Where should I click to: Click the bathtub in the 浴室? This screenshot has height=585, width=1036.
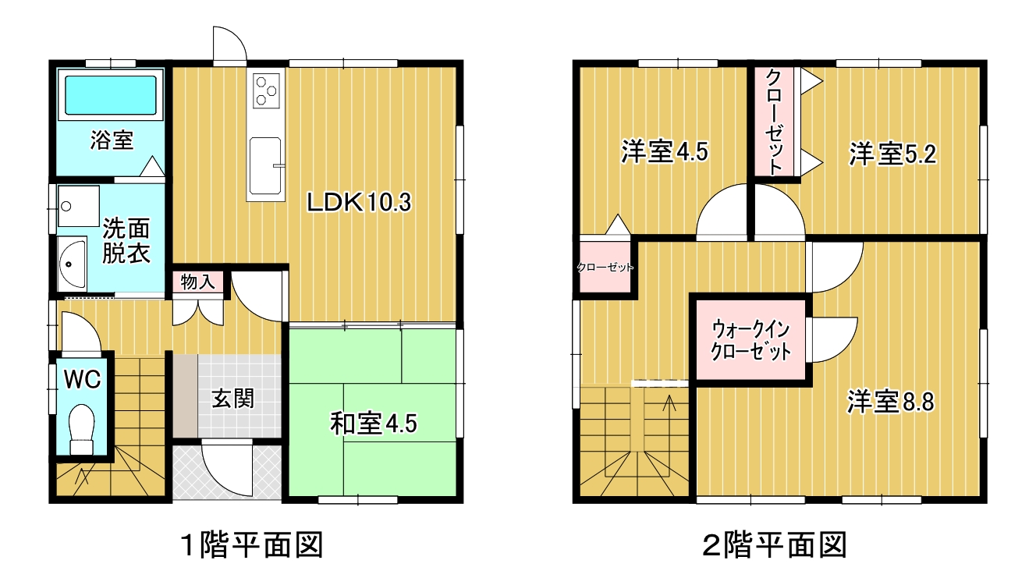pyautogui.click(x=111, y=95)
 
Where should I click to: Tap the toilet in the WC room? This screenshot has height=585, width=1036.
pyautogui.click(x=81, y=430)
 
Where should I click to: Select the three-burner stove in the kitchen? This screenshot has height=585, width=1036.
pyautogui.click(x=266, y=90)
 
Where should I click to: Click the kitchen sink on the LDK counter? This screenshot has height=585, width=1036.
pyautogui.click(x=265, y=165)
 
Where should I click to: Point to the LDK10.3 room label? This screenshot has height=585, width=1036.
pyautogui.click(x=359, y=203)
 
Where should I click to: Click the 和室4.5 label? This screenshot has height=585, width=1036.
pyautogui.click(x=373, y=424)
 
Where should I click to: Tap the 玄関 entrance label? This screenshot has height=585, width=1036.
pyautogui.click(x=233, y=399)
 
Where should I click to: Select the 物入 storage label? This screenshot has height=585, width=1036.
pyautogui.click(x=197, y=282)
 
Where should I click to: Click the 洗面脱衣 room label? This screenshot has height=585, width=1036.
pyautogui.click(x=126, y=241)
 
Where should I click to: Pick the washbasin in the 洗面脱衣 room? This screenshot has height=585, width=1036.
pyautogui.click(x=72, y=264)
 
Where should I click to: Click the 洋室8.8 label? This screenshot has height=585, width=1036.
pyautogui.click(x=890, y=402)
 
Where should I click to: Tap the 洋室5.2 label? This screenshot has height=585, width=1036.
pyautogui.click(x=892, y=154)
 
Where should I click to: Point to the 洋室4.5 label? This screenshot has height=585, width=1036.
pyautogui.click(x=664, y=151)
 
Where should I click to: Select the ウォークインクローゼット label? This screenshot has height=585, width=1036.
pyautogui.click(x=750, y=340)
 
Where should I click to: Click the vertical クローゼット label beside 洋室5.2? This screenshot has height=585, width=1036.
pyautogui.click(x=773, y=121)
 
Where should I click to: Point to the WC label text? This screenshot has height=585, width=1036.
pyautogui.click(x=83, y=380)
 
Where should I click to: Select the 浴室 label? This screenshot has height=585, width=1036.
pyautogui.click(x=112, y=140)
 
